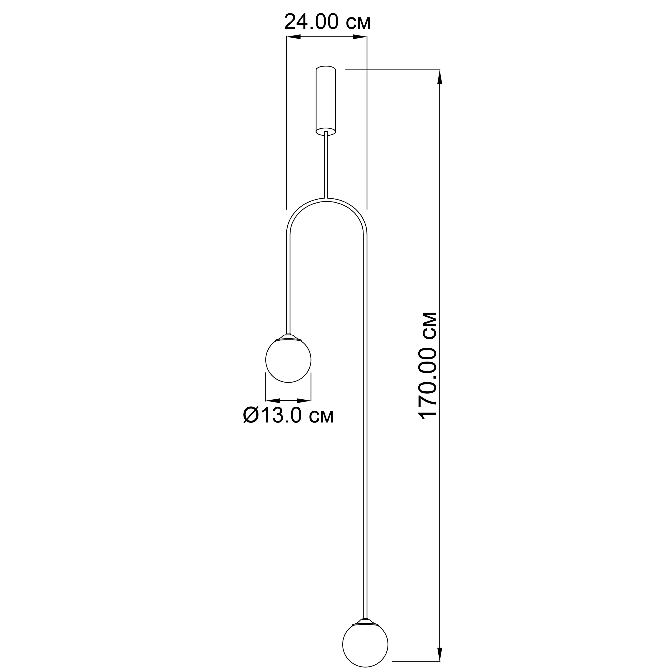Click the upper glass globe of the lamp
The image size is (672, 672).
tap(288, 360)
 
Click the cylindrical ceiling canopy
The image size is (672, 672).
tap(325, 99)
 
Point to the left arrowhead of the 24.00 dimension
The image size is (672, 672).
tap(293, 37)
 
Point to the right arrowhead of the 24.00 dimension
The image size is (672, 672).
tap(360, 37)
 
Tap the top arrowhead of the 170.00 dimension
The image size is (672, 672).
tap(440, 77)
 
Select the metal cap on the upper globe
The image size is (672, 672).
tap(288, 337)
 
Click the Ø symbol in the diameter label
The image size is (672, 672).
tap(250, 415)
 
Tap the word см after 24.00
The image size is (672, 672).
tap(358, 22)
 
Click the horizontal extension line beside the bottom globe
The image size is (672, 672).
tap(416, 661)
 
